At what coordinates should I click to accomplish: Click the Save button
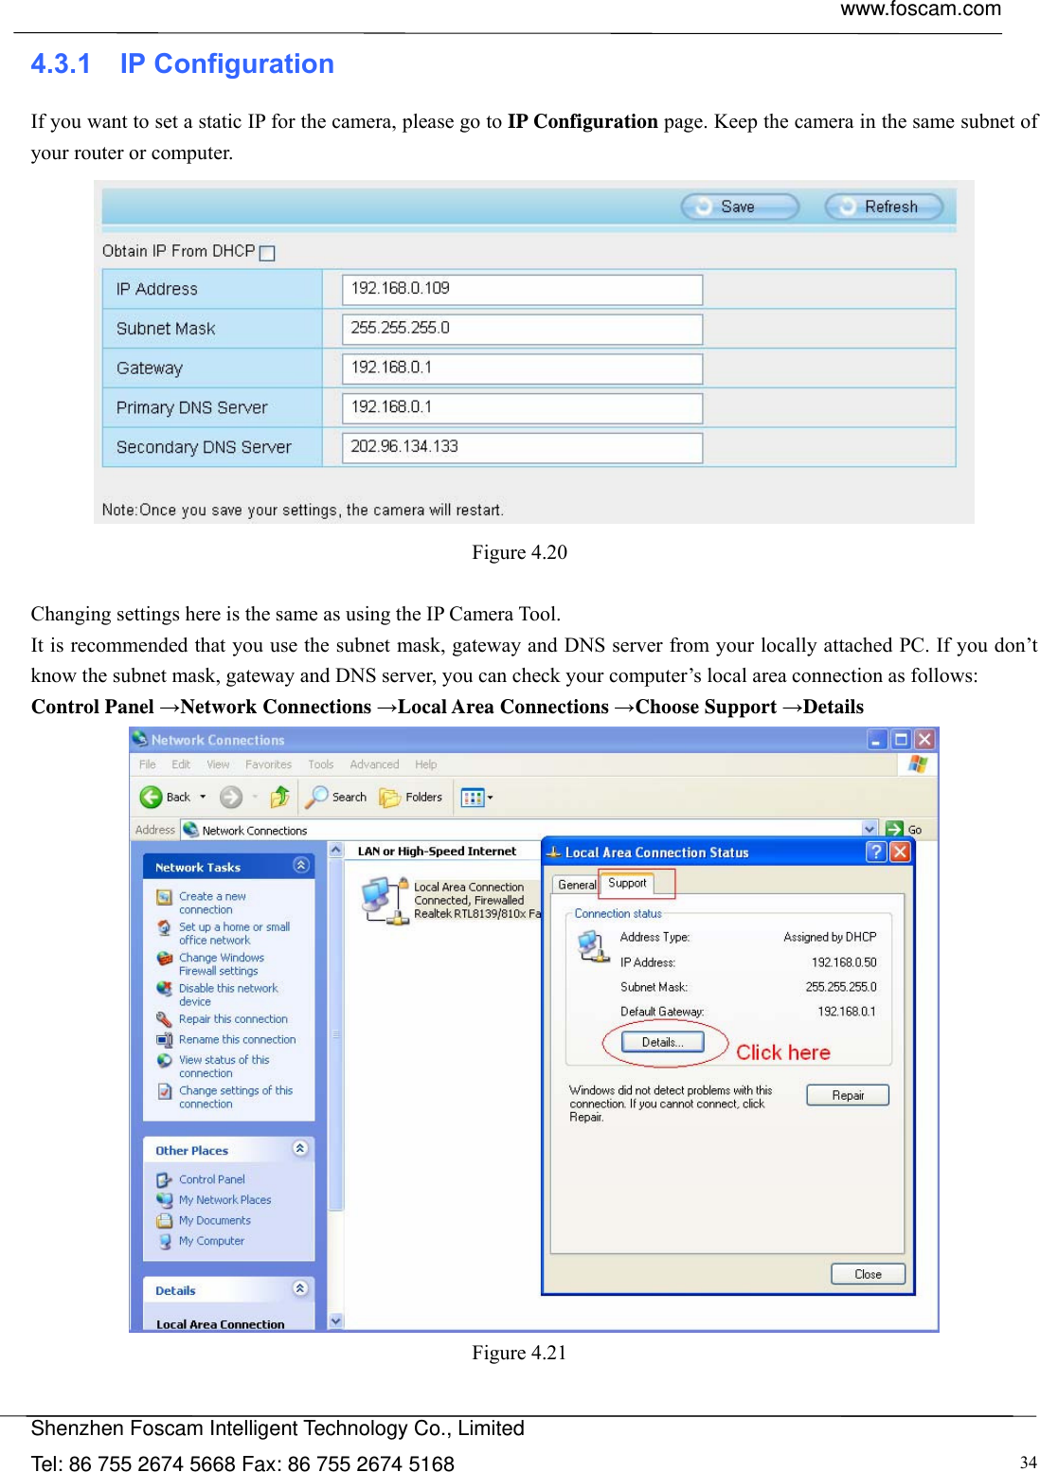(740, 206)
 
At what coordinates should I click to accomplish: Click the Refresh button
(883, 206)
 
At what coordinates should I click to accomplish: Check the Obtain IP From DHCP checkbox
(267, 253)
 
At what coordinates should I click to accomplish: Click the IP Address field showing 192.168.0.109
(522, 289)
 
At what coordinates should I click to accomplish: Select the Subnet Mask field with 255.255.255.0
(522, 329)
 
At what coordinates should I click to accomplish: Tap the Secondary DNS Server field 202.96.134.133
(522, 447)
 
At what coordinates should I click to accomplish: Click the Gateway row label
(150, 368)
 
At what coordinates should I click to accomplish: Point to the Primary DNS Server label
(191, 408)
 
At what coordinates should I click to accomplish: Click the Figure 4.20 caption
(519, 552)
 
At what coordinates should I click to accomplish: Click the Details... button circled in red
(662, 1042)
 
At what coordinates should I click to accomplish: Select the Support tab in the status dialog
(627, 883)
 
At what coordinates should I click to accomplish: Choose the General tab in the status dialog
(577, 885)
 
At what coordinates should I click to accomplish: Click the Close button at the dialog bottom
(868, 1274)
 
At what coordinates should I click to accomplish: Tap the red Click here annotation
(782, 1052)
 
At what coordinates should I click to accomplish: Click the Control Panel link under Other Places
(211, 1179)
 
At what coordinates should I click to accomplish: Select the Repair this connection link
(233, 1019)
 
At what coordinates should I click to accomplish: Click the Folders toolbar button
(412, 798)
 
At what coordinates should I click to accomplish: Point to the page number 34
(1028, 1462)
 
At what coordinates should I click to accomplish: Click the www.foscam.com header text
(920, 9)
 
